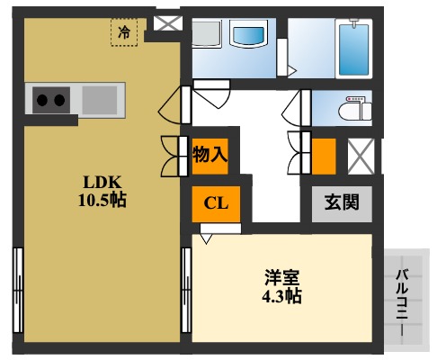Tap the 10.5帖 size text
[101, 200]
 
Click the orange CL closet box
[215, 202]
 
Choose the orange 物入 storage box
[210, 154]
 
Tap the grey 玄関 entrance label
[342, 202]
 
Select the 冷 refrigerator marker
[124, 31]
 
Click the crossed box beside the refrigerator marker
[165, 22]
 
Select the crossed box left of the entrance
[361, 155]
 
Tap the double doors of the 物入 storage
[172, 154]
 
